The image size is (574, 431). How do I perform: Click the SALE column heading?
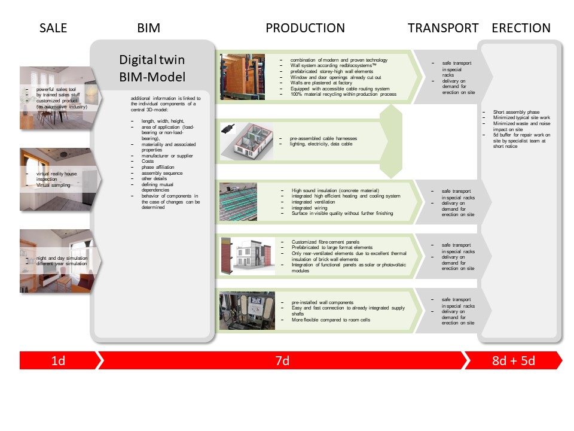[x=53, y=28]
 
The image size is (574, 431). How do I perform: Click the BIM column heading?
[x=148, y=28]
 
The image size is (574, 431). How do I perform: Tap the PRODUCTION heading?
[x=305, y=28]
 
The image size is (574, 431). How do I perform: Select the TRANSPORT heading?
[x=443, y=28]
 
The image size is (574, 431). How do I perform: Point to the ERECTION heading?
[x=521, y=28]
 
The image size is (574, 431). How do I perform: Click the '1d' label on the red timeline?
[x=58, y=360]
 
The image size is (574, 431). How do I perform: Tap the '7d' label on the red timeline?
[x=282, y=360]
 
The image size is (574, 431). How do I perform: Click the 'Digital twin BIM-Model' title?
[x=152, y=68]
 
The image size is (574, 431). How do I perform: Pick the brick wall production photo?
[x=242, y=77]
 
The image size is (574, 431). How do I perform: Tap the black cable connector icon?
[x=228, y=128]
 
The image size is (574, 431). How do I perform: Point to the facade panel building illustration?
[x=245, y=256]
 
